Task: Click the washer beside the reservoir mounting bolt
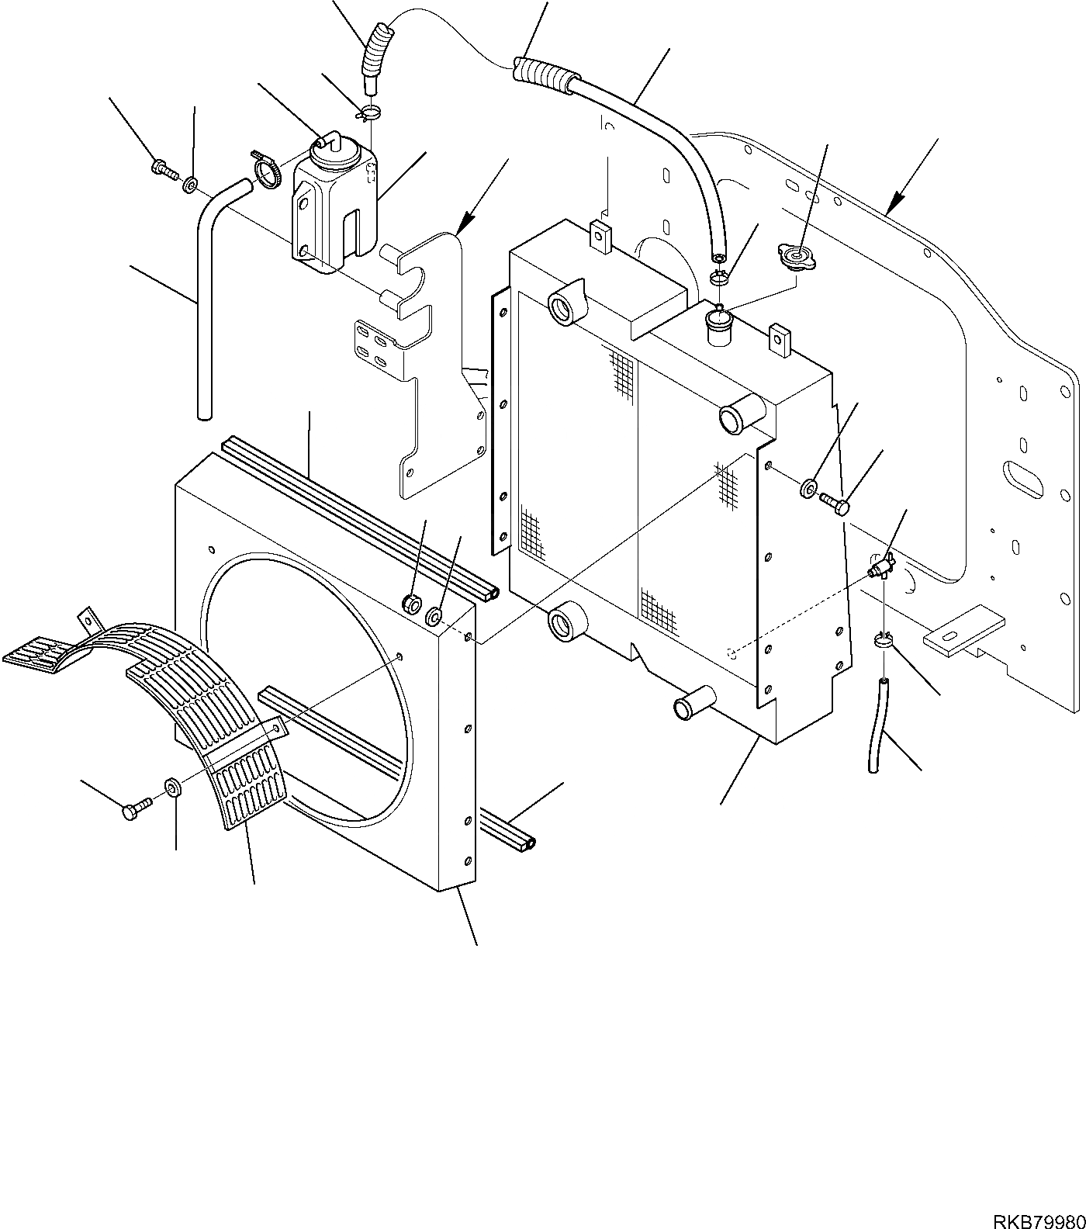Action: pyautogui.click(x=190, y=185)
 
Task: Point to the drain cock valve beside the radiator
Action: pyautogui.click(x=881, y=569)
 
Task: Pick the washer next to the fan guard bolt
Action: pyautogui.click(x=171, y=788)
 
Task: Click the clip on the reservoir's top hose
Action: pyautogui.click(x=369, y=113)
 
